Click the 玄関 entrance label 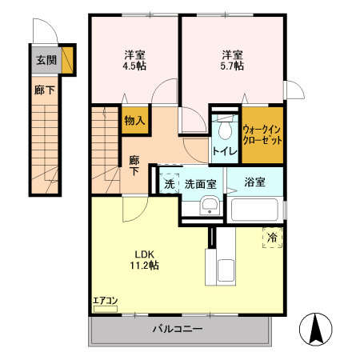[46, 60]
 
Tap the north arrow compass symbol [316, 329]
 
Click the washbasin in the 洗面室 [210, 206]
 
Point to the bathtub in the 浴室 [254, 210]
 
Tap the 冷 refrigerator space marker [272, 238]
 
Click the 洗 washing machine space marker [169, 183]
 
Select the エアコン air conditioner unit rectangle [106, 309]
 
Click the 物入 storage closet [135, 121]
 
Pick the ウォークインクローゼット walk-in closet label [262, 135]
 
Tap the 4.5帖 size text [134, 66]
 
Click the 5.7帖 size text [232, 66]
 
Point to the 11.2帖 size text [145, 266]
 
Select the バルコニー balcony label [178, 329]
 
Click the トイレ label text [225, 151]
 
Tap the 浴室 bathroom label [254, 182]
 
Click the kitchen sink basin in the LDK [226, 270]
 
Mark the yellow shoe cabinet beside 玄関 [67, 60]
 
